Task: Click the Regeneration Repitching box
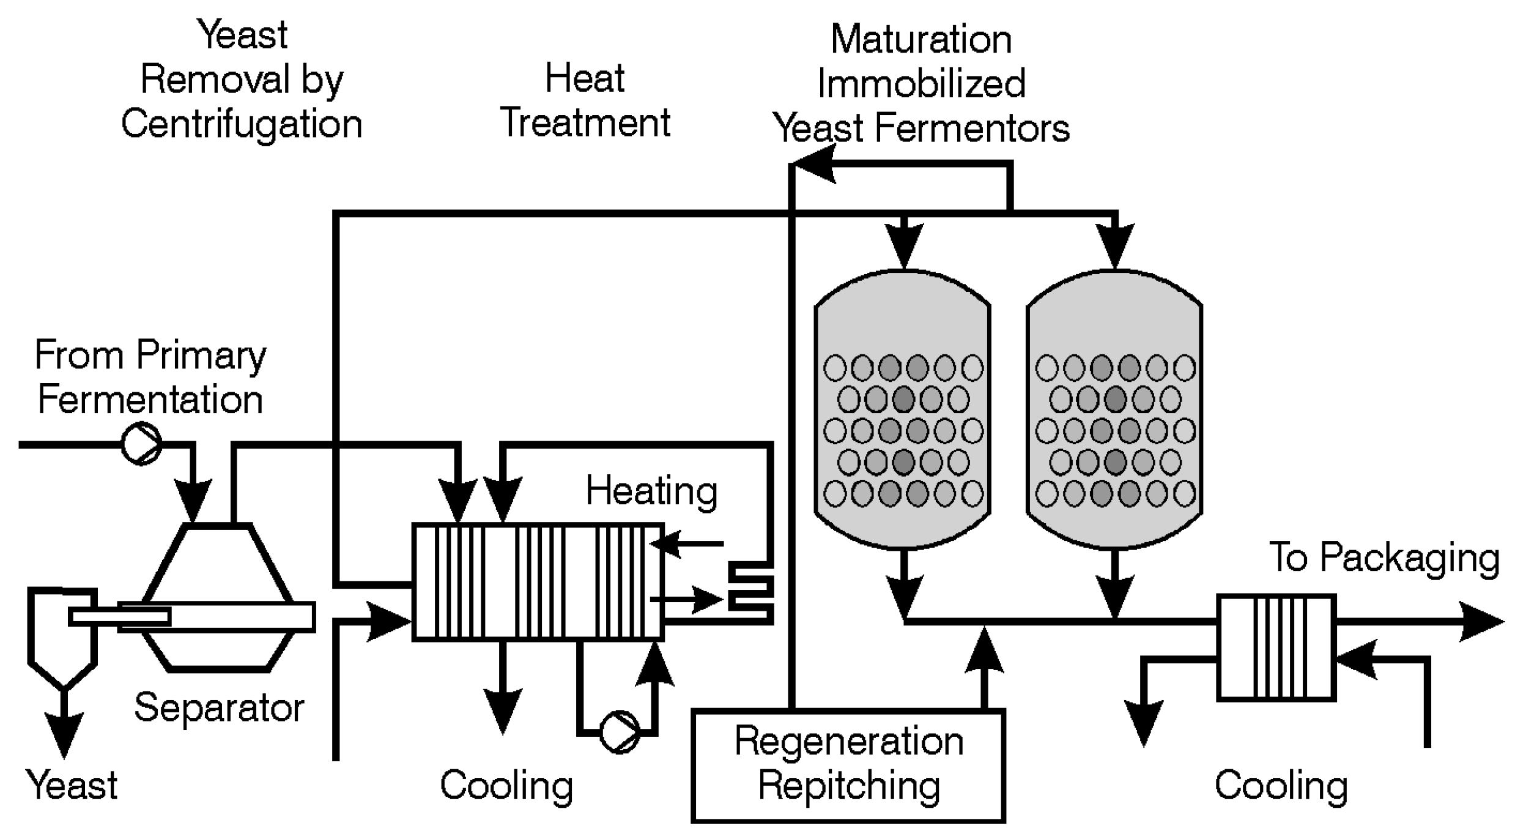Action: [x=848, y=765]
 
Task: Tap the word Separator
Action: [x=219, y=708]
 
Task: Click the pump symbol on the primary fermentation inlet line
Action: [x=141, y=444]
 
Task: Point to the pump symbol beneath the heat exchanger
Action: [x=619, y=731]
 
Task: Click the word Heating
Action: [x=651, y=491]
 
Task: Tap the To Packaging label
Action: [x=1384, y=557]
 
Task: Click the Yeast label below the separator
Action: [x=72, y=785]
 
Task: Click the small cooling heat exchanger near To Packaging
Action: [x=1276, y=647]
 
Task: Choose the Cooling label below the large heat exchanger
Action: [x=506, y=785]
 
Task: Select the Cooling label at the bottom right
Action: [x=1281, y=785]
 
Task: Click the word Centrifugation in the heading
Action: [x=242, y=124]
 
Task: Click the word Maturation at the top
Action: [x=921, y=40]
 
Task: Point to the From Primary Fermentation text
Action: [x=150, y=377]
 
